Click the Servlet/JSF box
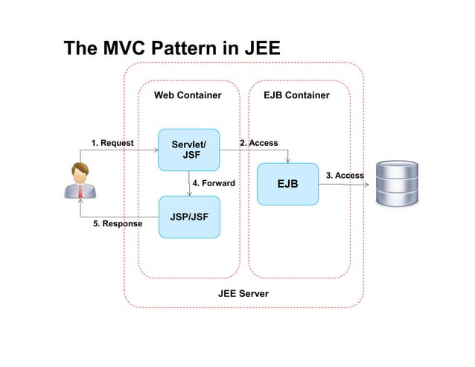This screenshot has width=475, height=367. point(189,150)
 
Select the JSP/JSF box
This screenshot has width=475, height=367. point(189,217)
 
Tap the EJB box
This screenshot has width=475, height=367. point(287,183)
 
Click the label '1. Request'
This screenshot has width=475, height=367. point(112,143)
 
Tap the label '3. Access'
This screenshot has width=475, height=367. point(345,176)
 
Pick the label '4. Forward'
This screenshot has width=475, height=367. point(214,183)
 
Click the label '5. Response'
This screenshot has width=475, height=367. point(118,223)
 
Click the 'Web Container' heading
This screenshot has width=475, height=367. point(188,96)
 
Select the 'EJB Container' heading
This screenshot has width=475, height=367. point(296,96)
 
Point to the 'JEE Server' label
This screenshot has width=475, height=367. point(243,293)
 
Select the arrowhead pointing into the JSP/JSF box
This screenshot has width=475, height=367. point(190,194)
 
